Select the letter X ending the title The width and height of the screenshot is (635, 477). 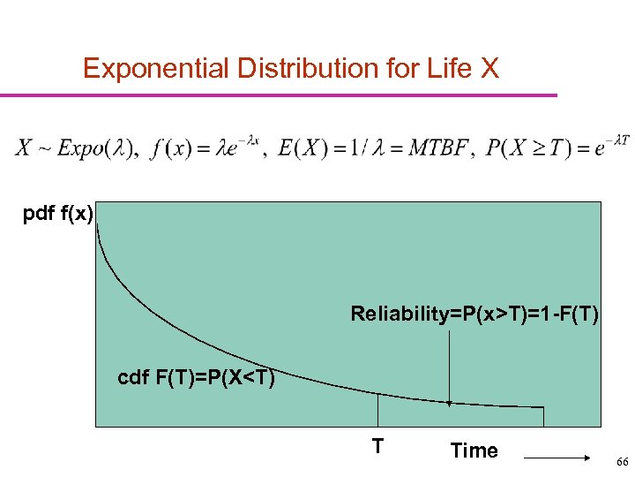point(489,68)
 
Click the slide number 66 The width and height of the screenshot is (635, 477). point(623,462)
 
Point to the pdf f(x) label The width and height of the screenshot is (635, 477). point(58,214)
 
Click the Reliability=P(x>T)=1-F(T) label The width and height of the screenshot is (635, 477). point(474,314)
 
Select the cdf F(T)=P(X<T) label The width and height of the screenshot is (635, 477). point(196,379)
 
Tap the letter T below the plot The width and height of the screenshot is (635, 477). point(377,445)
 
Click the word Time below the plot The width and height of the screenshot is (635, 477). point(474,450)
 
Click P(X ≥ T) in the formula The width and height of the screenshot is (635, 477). point(524,148)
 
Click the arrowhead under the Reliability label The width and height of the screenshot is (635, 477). point(450,403)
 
